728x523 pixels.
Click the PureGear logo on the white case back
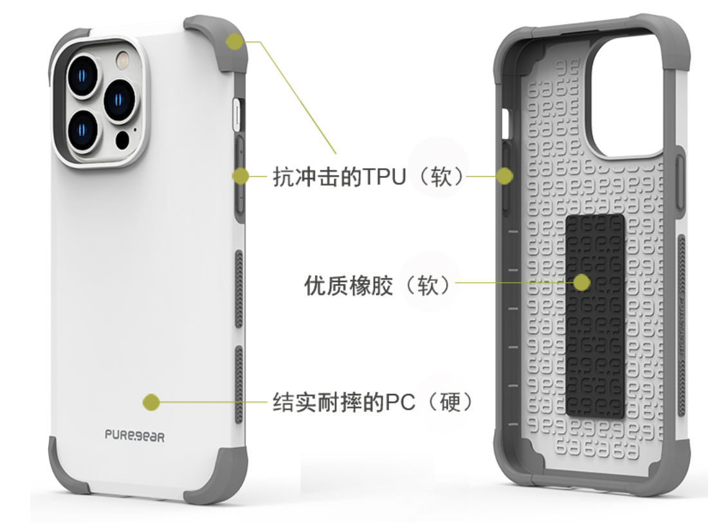pos(134,436)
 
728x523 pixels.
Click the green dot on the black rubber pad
pos(582,282)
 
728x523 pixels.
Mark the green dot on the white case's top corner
pos(235,42)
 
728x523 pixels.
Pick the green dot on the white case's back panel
pos(151,403)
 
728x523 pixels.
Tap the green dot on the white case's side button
pos(241,175)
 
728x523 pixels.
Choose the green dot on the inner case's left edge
pos(505,175)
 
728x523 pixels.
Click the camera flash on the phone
pos(121,62)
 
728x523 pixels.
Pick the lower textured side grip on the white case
pos(239,383)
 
